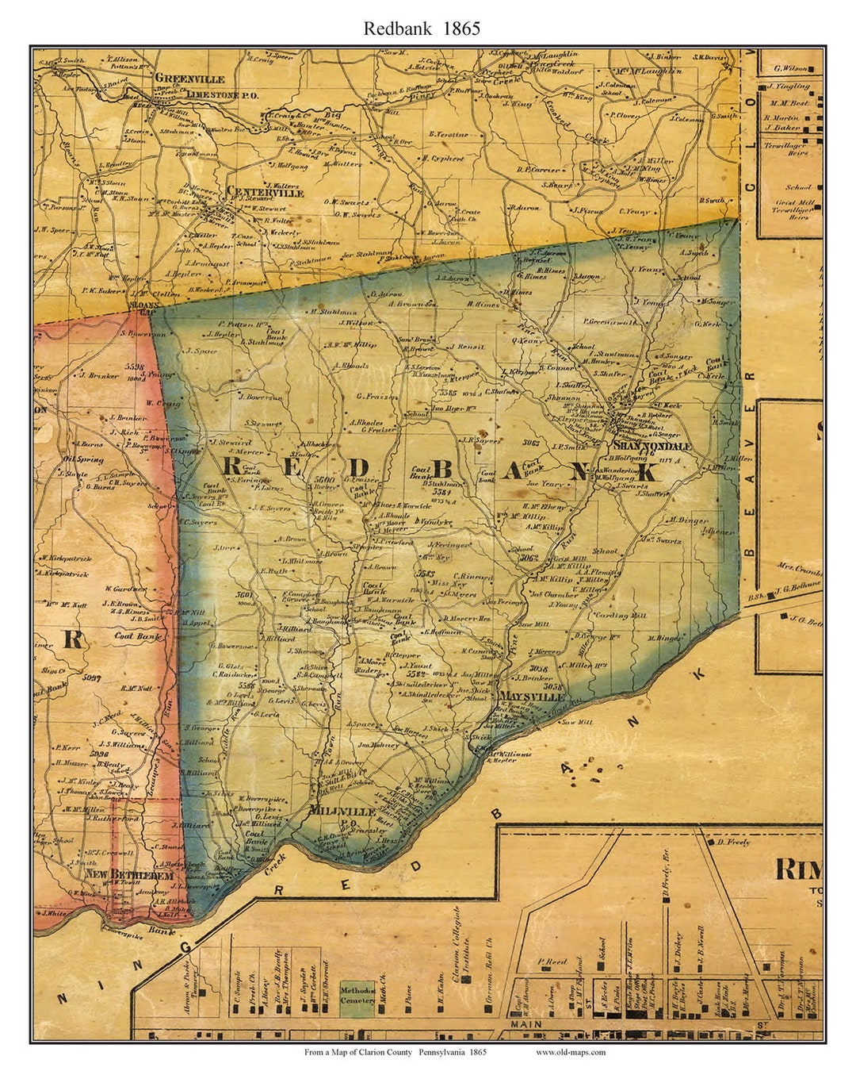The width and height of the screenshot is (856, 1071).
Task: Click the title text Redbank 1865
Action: pos(422,29)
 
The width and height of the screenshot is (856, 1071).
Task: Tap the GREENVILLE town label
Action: pos(189,79)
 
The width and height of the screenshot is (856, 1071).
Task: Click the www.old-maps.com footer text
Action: pos(571,1053)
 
